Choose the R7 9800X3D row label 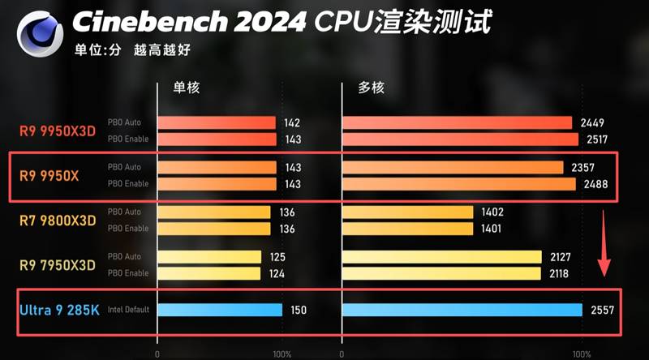coord(58,221)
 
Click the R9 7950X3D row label coord(58,265)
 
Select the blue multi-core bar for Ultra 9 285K coord(462,310)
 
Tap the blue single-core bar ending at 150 coord(220,310)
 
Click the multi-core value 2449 coord(592,123)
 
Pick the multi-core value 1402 coord(492,212)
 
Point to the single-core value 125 coord(278,257)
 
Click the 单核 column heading coord(186,87)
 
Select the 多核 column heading coord(372,87)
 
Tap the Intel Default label coord(129,310)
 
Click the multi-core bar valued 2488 coord(459,184)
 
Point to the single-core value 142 coord(293,123)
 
